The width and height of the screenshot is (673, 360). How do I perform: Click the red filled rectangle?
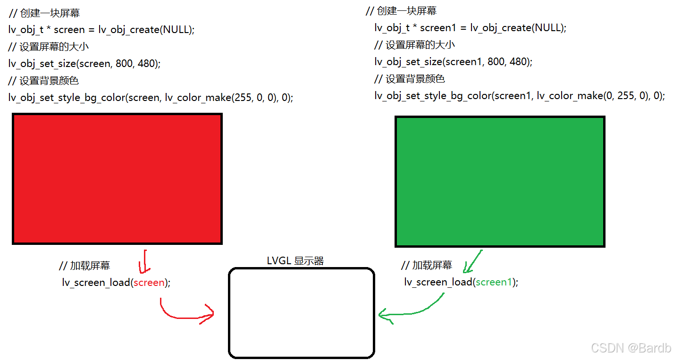pyautogui.click(x=117, y=178)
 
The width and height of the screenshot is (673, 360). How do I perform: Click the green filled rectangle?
pyautogui.click(x=500, y=182)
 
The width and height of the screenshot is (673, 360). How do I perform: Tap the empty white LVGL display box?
pyautogui.click(x=301, y=312)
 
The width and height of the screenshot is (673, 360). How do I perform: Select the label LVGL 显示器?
pyautogui.click(x=295, y=261)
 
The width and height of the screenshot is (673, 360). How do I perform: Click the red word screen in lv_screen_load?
pyautogui.click(x=149, y=283)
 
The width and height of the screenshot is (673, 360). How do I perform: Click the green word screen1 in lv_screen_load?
pyautogui.click(x=494, y=282)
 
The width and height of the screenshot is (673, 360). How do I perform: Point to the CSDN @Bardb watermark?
pyautogui.click(x=631, y=348)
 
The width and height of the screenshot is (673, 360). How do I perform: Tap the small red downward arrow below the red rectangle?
pyautogui.click(x=144, y=262)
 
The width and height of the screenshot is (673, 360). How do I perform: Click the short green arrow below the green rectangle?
pyautogui.click(x=472, y=262)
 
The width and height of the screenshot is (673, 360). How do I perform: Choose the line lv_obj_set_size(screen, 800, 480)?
pyautogui.click(x=84, y=64)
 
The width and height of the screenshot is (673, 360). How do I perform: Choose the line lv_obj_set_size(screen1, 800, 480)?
pyautogui.click(x=453, y=62)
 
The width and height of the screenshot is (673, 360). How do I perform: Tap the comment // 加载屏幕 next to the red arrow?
pyautogui.click(x=84, y=266)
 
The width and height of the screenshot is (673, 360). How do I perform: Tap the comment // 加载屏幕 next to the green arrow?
pyautogui.click(x=427, y=265)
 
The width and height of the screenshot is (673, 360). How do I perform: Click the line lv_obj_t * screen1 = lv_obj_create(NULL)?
pyautogui.click(x=470, y=28)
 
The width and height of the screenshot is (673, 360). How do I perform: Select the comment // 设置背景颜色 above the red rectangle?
pyautogui.click(x=43, y=81)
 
